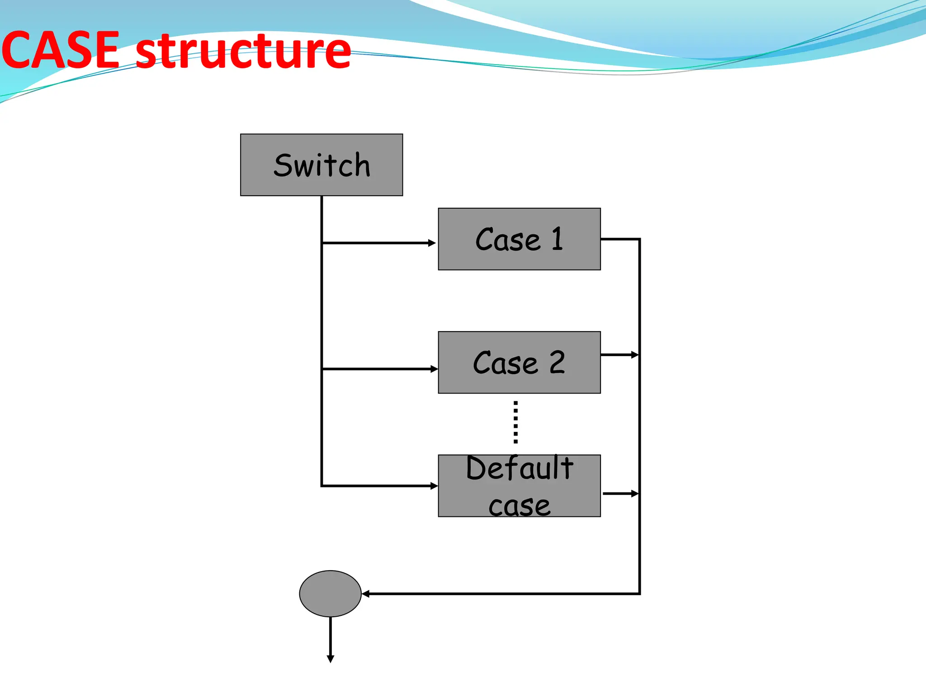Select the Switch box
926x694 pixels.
pos(321,165)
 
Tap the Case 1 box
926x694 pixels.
pos(519,239)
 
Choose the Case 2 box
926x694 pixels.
pos(519,362)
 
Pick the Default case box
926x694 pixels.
pos(519,486)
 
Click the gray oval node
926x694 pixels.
pos(330,593)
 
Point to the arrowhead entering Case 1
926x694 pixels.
pos(432,243)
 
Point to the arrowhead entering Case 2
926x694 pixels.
pos(434,369)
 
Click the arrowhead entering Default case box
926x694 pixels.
pos(434,486)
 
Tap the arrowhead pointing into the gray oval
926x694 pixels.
pos(366,594)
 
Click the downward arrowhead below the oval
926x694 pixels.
pos(331,659)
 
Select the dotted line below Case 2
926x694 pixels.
pos(515,422)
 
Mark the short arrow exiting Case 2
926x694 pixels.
pos(619,355)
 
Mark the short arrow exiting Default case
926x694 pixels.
pos(620,494)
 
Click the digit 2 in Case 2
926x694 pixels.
pos(557,362)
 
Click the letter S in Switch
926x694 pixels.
pos(284,165)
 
